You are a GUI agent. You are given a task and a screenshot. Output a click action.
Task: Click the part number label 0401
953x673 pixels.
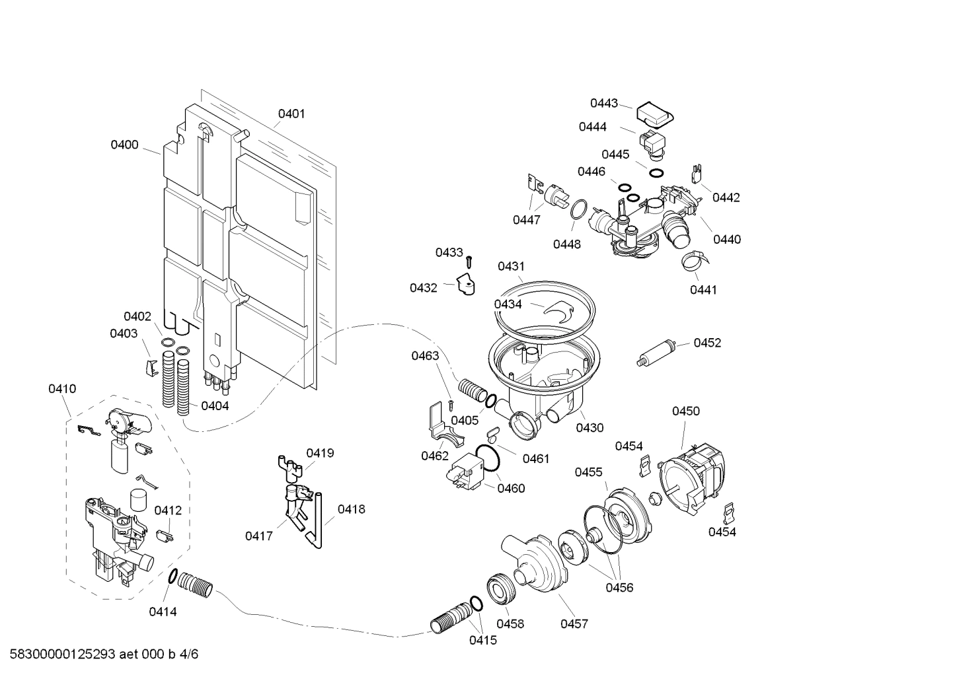pyautogui.click(x=291, y=114)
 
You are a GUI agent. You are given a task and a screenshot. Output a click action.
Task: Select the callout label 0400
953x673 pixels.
pyautogui.click(x=124, y=145)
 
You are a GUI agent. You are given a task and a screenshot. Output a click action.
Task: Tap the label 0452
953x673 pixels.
pyautogui.click(x=707, y=343)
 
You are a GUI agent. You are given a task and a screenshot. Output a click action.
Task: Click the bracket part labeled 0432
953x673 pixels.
pyautogui.click(x=467, y=285)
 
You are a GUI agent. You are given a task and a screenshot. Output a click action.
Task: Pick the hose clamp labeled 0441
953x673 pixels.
pyautogui.click(x=692, y=262)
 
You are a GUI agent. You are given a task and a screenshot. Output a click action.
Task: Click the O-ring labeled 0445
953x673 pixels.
pyautogui.click(x=656, y=173)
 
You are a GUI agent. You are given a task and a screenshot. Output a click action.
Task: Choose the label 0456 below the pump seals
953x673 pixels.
pyautogui.click(x=619, y=587)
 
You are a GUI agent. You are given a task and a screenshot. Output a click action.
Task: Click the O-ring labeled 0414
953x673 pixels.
pyautogui.click(x=173, y=577)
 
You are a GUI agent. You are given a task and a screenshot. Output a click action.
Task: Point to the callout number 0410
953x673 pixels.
pyautogui.click(x=62, y=389)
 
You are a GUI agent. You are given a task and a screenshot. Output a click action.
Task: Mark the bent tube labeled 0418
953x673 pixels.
pyautogui.click(x=317, y=522)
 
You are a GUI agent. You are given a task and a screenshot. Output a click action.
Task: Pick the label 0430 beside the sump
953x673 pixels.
pyautogui.click(x=590, y=428)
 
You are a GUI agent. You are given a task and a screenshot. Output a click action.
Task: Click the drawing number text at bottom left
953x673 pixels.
pyautogui.click(x=100, y=655)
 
